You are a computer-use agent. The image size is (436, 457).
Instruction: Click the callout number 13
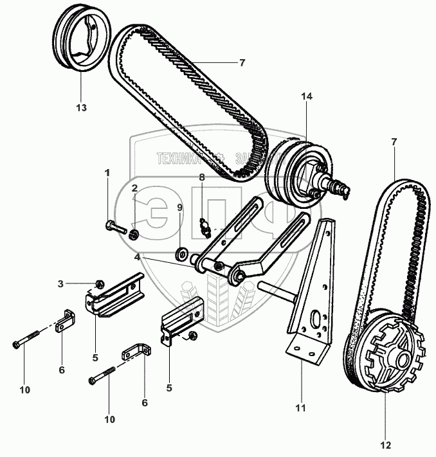click(81, 107)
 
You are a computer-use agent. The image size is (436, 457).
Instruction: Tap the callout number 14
click(306, 96)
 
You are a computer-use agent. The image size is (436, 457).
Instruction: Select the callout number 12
click(385, 444)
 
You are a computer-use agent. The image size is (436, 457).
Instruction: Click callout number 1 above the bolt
click(107, 172)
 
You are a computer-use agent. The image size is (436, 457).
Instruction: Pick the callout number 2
click(135, 188)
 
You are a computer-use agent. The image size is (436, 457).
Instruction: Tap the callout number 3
click(78, 283)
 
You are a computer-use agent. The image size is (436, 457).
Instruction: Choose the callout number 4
click(138, 257)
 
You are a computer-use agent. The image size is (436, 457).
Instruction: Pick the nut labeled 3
click(99, 283)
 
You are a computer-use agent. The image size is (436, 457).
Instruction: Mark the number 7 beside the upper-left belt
click(242, 62)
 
